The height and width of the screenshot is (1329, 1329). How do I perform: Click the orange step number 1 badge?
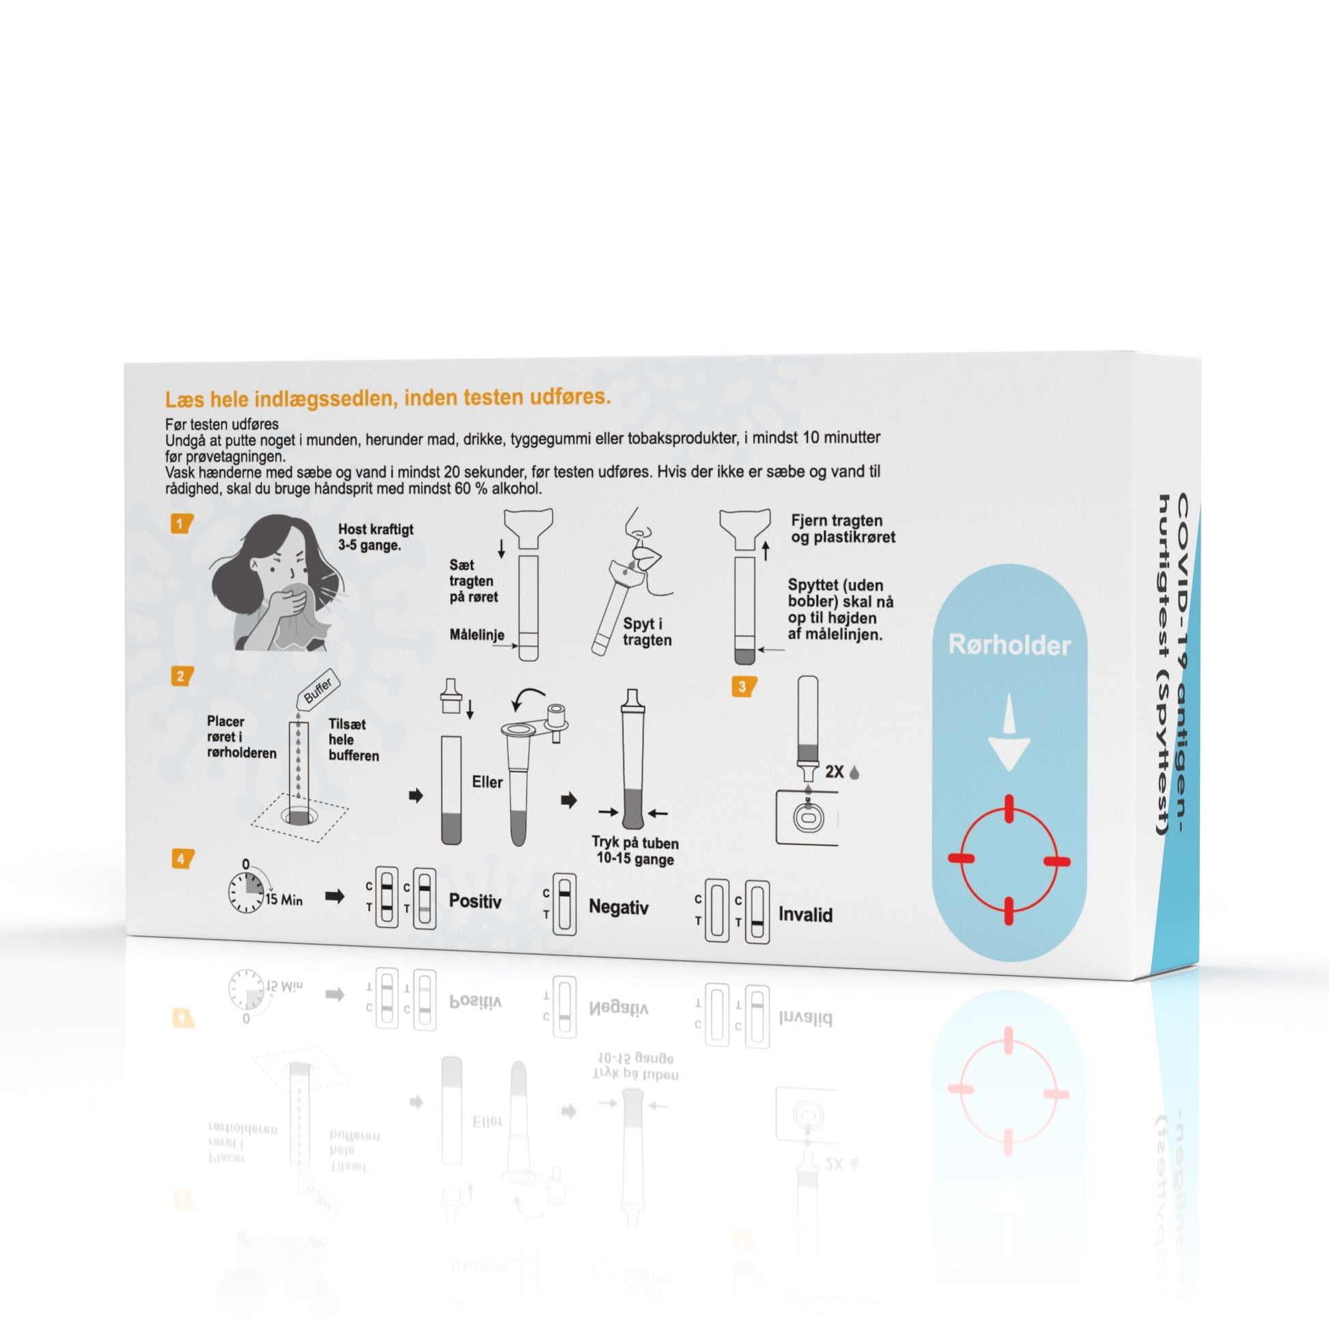pos(181,524)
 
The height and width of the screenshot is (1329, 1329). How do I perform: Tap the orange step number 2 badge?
pos(182,676)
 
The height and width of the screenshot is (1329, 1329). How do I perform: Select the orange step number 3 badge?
pos(743,686)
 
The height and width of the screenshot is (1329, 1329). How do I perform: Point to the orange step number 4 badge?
pos(182,859)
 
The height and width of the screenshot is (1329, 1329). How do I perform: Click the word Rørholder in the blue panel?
pos(1009,645)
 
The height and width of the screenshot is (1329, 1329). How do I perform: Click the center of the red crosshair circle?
pos(1009,860)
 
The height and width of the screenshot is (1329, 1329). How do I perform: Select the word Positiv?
pos(475,901)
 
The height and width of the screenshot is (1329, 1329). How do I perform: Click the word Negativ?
pos(619,908)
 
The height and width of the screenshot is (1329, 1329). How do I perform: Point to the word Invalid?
pos(805,915)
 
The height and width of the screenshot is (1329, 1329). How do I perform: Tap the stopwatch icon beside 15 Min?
pos(247,892)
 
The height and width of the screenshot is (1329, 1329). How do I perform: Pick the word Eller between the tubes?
pos(487,782)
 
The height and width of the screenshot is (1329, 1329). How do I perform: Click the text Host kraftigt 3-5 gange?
pos(376,537)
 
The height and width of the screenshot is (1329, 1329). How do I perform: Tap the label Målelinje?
pos(477,635)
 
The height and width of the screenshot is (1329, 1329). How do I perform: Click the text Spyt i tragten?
pos(647,632)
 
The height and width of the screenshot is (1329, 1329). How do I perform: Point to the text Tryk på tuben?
pos(635,843)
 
